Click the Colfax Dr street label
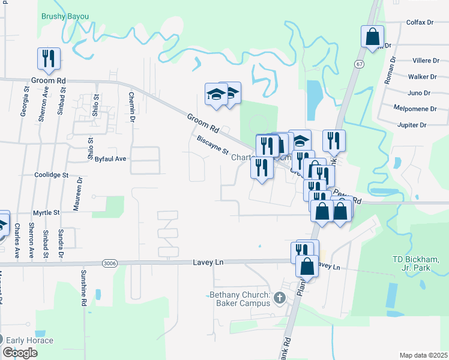point(421,22)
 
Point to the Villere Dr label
point(425,61)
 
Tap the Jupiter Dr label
point(411,125)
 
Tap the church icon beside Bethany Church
point(279,296)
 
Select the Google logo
point(20,352)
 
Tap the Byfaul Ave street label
point(111,159)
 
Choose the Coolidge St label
point(52,175)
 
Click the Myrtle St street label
point(46,212)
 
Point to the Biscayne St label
point(214,145)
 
